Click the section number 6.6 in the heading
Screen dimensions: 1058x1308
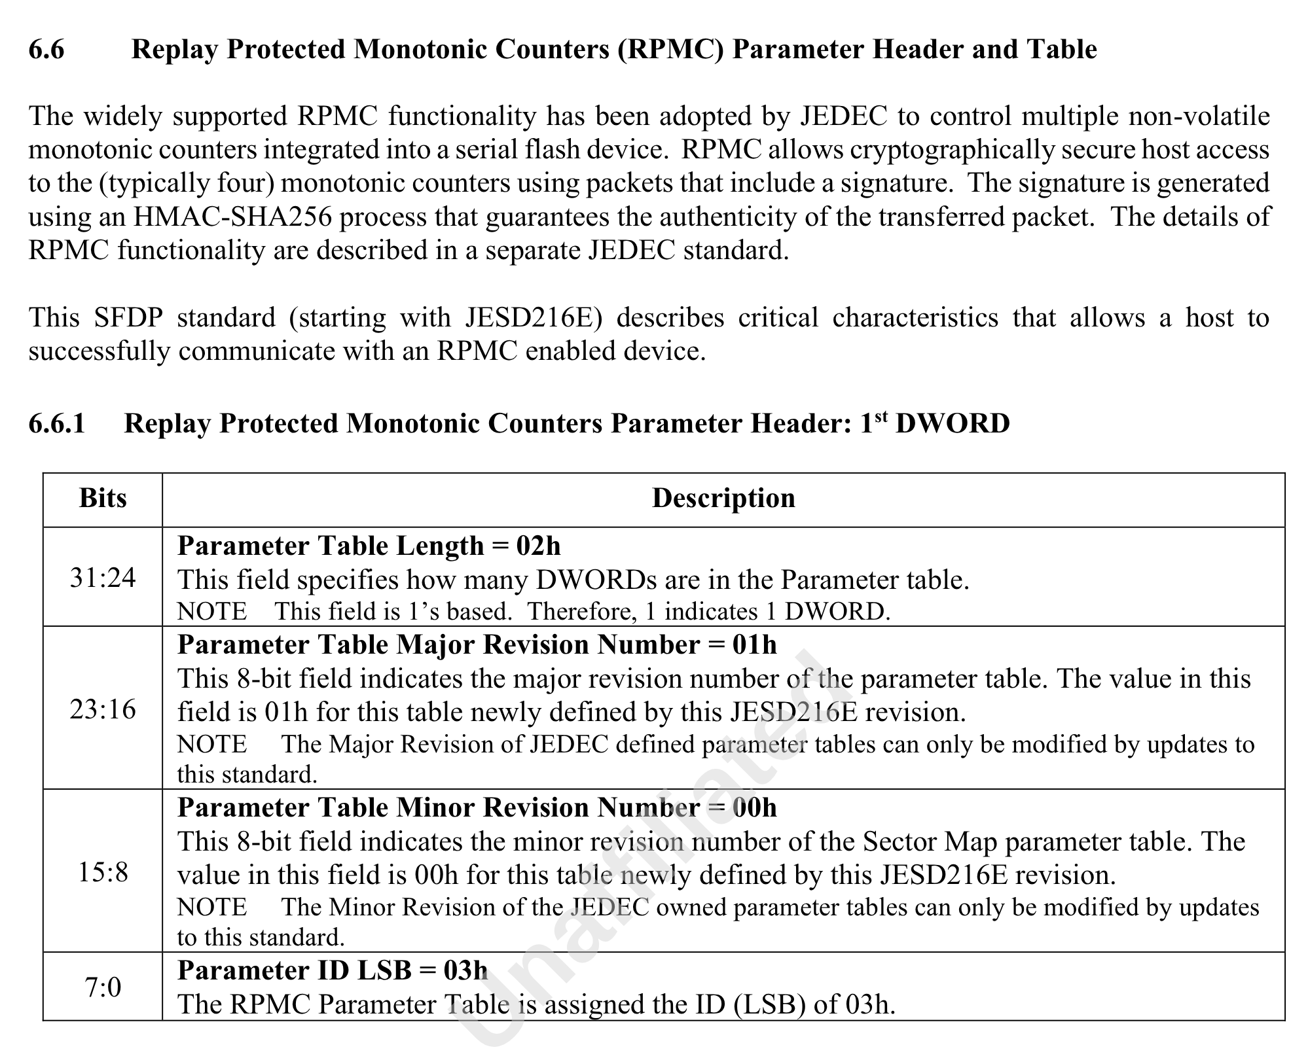[x=46, y=50]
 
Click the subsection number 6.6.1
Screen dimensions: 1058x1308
[x=57, y=423]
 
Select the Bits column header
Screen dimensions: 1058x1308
[x=103, y=499]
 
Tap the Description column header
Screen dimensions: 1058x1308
[x=723, y=499]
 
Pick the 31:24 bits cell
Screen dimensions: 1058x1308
[x=103, y=578]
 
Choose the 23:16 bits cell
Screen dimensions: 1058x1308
[x=103, y=709]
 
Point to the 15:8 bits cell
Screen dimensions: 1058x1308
[x=103, y=872]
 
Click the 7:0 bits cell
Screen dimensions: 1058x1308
[x=103, y=987]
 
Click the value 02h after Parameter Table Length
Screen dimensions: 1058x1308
[x=538, y=546]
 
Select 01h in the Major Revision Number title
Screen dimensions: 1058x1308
[x=754, y=645]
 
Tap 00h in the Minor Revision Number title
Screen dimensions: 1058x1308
[x=754, y=808]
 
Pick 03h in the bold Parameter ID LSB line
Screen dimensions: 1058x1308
[x=465, y=970]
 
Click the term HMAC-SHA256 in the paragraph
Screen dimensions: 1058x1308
[x=232, y=217]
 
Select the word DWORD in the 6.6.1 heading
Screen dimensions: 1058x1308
[x=953, y=423]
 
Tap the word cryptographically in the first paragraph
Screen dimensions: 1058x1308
[x=952, y=150]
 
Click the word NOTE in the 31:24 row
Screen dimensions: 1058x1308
[x=212, y=612]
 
